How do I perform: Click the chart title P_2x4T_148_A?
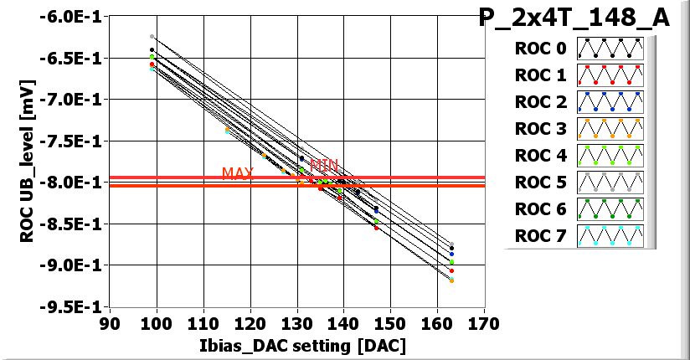pos(574,18)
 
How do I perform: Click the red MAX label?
pos(238,173)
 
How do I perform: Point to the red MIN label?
pos(323,165)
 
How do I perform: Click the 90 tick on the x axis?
pos(109,323)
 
